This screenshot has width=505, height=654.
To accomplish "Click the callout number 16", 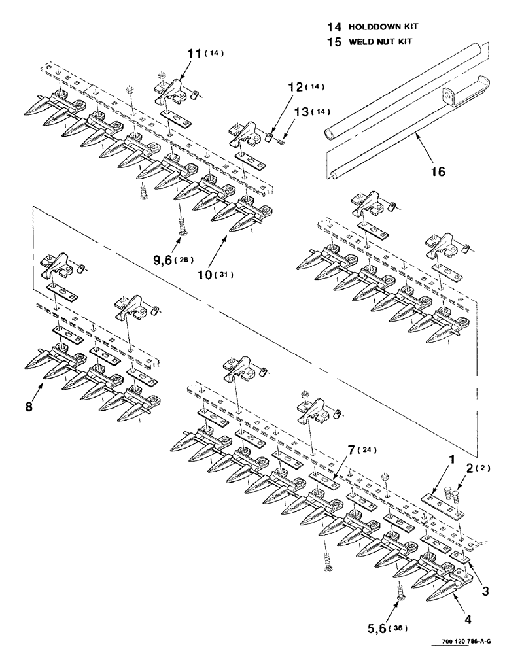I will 438,171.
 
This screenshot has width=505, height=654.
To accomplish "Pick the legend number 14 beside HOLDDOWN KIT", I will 334,27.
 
